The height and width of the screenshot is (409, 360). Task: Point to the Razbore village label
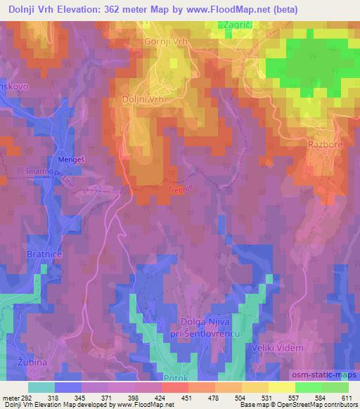[x=324, y=144]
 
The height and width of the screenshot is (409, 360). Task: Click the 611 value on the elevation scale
[x=347, y=398]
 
